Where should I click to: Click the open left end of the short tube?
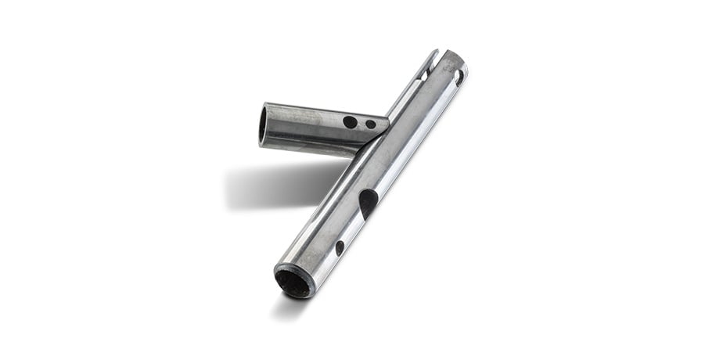264,125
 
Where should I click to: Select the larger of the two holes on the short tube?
350,122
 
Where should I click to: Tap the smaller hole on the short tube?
370,124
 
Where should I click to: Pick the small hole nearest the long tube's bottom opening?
340,247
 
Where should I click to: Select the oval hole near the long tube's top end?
459,77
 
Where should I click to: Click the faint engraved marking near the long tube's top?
449,67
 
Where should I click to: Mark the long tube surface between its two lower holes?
352,227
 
